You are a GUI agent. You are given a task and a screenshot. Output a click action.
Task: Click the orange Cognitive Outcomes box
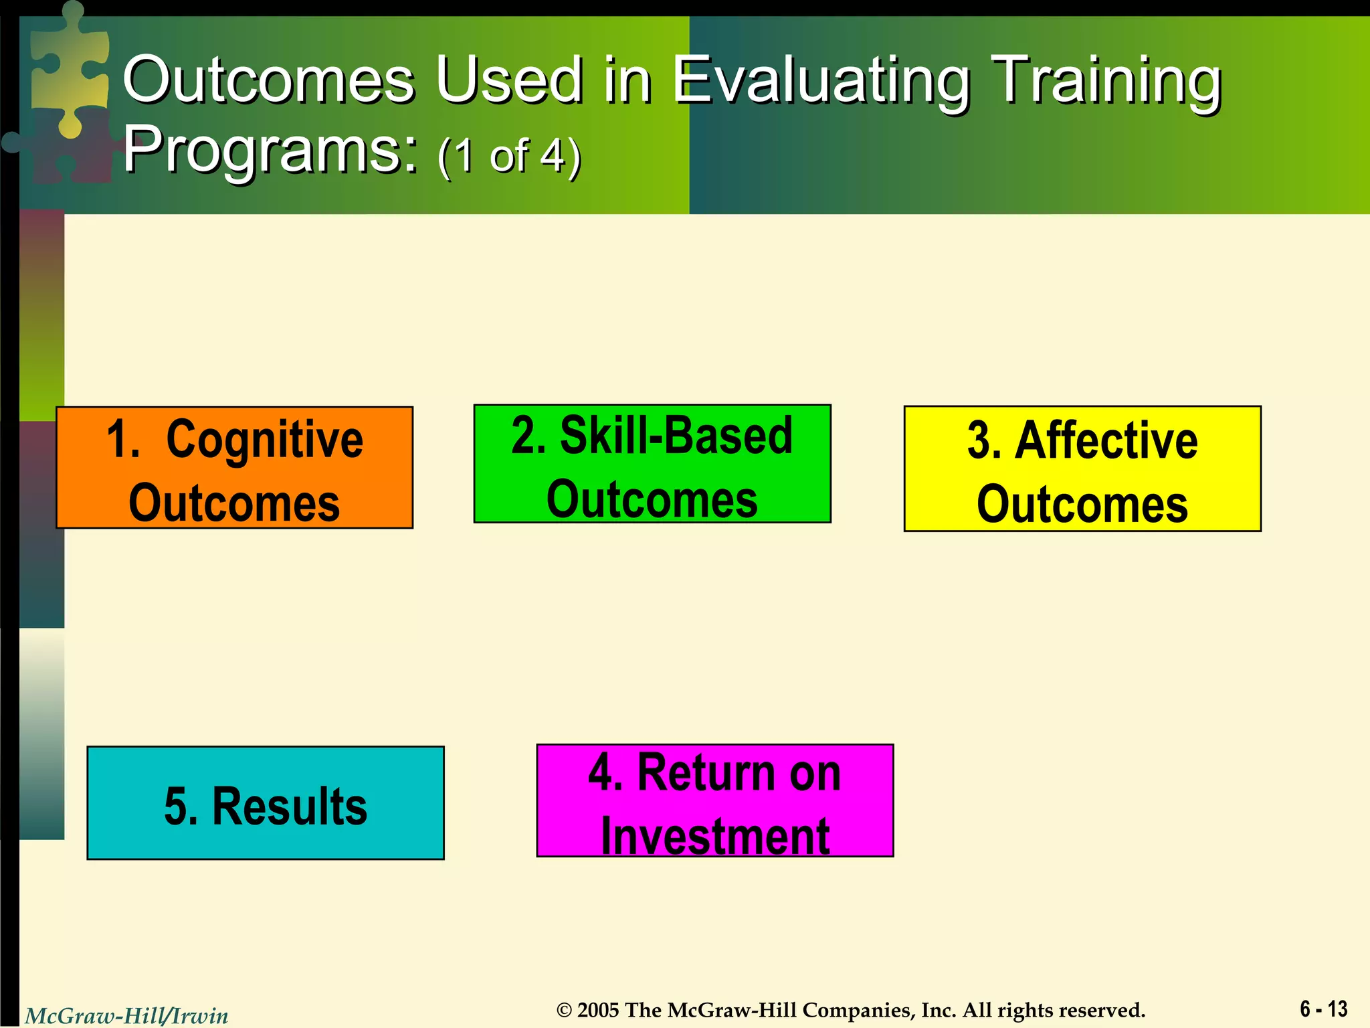coord(234,468)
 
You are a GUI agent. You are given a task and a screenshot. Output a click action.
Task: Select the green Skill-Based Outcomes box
coord(652,464)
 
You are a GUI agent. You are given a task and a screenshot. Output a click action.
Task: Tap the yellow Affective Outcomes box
coord(1082,468)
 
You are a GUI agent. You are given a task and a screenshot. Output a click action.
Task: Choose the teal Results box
coord(266,803)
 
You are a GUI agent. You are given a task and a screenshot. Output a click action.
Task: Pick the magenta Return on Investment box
coord(714,800)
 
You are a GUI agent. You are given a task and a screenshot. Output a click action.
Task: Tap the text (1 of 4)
coord(509,155)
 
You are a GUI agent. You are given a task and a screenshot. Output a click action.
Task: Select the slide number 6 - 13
coord(1323,1009)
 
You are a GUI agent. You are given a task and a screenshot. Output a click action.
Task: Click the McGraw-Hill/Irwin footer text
coord(126,1016)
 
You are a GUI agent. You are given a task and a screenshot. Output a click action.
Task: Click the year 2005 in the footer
coord(598,1010)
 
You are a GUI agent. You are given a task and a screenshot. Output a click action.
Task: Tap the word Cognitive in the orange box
coord(264,440)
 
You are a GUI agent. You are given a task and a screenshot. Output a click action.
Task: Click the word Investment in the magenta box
coord(714,835)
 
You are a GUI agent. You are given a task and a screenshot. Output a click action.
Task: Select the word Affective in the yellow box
coord(1106,440)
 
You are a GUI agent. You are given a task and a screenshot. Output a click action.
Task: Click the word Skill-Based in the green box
coord(676,436)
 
